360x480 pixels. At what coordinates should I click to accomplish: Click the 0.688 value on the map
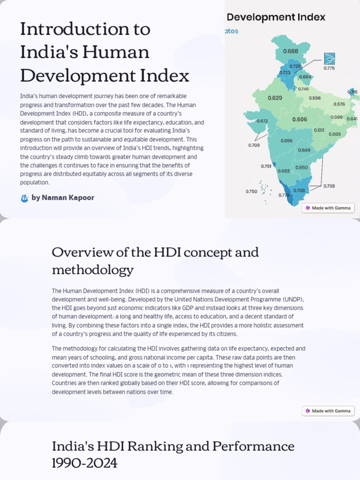[x=290, y=51]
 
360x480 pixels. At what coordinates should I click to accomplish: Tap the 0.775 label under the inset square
[x=329, y=68]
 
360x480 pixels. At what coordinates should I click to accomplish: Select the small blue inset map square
[x=330, y=59]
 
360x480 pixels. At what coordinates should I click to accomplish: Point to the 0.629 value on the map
[x=275, y=98]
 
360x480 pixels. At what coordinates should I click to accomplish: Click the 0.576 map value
[x=339, y=104]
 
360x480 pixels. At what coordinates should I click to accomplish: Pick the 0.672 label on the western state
[x=262, y=121]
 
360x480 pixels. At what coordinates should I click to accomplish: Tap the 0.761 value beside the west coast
[x=266, y=166]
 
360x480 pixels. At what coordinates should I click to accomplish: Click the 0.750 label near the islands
[x=251, y=191]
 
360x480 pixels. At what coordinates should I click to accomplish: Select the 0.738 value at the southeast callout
[x=329, y=186]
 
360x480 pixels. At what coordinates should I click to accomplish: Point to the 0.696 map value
[x=286, y=141]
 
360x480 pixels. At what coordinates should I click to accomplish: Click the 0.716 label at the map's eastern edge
[x=352, y=92]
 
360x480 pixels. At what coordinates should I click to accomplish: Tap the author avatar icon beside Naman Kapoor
[x=25, y=198]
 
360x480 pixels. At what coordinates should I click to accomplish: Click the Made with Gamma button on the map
[x=328, y=208]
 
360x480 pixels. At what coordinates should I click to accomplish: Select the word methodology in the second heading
[x=92, y=270]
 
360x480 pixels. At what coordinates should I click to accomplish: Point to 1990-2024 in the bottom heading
[x=84, y=464]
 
